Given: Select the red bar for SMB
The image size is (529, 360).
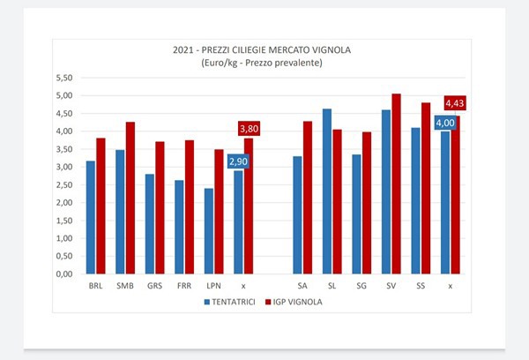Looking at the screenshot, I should coord(130,198).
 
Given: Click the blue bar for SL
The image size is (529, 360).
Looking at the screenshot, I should coord(327,191).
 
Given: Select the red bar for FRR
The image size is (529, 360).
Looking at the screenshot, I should coord(190,206).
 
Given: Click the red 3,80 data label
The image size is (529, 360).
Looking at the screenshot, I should coord(249,129).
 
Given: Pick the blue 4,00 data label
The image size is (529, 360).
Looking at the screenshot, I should coord(444,123).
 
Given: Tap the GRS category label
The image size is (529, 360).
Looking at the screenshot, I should coord(154,286).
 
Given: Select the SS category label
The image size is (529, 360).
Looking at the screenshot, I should coord(421,286).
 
